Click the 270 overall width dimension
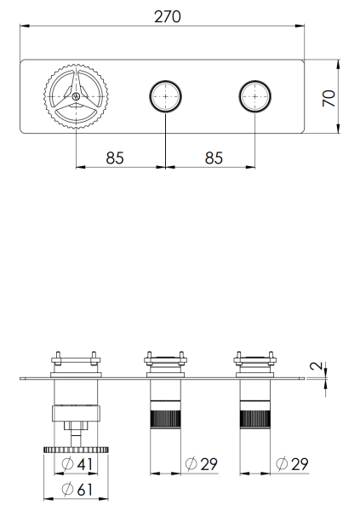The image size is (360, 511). tap(167, 16)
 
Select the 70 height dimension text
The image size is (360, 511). tap(329, 96)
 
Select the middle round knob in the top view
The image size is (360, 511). tap(165, 97)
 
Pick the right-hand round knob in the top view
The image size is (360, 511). tap(254, 97)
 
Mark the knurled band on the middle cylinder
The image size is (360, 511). tap(165, 419)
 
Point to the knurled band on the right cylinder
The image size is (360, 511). tap(254, 419)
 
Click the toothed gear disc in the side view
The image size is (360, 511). tap(76, 448)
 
